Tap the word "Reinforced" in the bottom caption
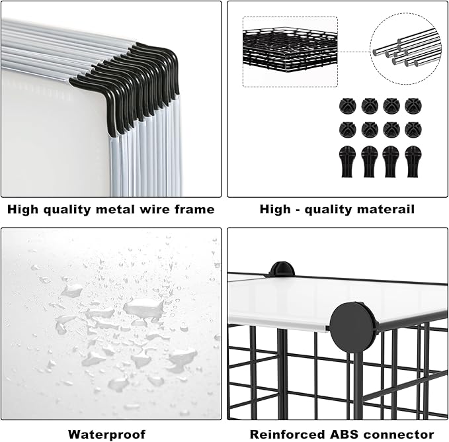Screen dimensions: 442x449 tap(280, 434)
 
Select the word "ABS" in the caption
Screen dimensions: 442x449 tap(331, 434)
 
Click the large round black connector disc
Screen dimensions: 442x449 tap(349, 326)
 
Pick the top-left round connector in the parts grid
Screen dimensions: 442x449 tap(346, 105)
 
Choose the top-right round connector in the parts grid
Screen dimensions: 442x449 tap(412, 105)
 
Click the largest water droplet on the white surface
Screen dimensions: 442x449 tap(143, 307)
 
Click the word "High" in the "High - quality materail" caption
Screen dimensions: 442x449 tap(275, 209)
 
